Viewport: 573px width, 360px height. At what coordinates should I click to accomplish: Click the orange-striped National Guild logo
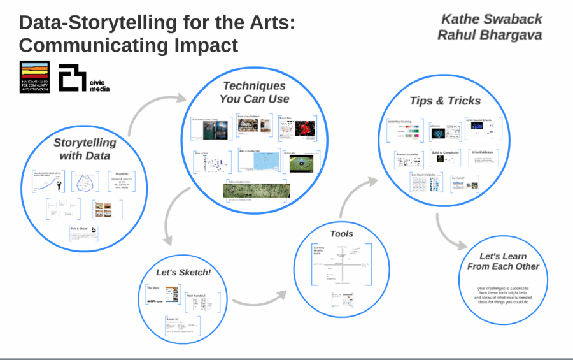pyautogui.click(x=34, y=77)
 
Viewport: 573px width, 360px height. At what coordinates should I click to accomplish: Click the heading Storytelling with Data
pyautogui.click(x=85, y=149)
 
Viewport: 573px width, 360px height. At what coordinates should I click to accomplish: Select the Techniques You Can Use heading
pyautogui.click(x=254, y=92)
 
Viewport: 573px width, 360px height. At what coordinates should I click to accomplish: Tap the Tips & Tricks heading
pyautogui.click(x=445, y=101)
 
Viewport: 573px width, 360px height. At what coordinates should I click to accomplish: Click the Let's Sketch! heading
pyautogui.click(x=183, y=272)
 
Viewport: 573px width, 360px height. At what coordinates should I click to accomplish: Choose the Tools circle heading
pyautogui.click(x=341, y=234)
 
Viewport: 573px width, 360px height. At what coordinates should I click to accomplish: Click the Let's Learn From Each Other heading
pyautogui.click(x=503, y=261)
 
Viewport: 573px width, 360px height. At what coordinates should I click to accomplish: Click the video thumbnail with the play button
pyautogui.click(x=300, y=164)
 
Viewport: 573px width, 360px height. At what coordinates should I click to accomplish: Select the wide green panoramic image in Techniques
pyautogui.click(x=256, y=190)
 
